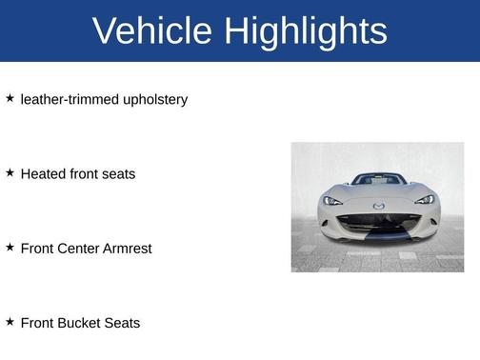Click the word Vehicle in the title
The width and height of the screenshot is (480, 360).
click(152, 31)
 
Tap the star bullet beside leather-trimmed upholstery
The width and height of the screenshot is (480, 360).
click(10, 98)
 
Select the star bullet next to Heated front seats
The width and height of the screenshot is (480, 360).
click(10, 172)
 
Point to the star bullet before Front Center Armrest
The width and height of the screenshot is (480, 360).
click(10, 247)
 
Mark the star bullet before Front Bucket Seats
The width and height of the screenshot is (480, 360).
click(10, 322)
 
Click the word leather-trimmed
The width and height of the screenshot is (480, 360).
click(70, 99)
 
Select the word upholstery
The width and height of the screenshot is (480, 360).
click(155, 99)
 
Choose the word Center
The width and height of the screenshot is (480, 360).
click(80, 248)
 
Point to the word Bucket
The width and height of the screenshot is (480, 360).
click(80, 323)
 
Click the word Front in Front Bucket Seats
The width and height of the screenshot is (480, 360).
click(37, 323)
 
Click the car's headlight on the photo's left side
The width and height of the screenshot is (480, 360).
click(332, 200)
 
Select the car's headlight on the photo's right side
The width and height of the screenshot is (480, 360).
click(424, 200)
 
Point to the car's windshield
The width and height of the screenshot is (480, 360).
click(378, 180)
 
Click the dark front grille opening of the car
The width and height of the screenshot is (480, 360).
click(378, 223)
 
